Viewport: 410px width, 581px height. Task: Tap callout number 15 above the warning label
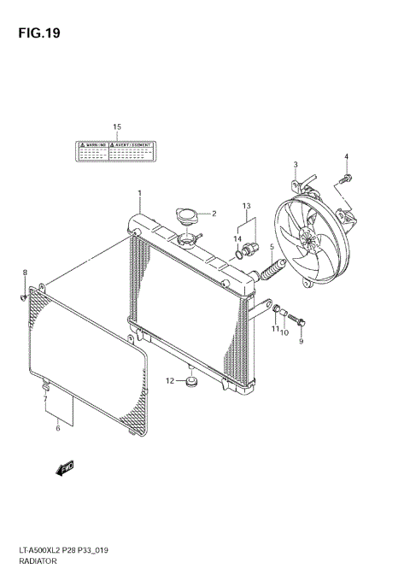tap(117, 127)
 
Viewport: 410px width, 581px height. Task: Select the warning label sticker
tap(117, 152)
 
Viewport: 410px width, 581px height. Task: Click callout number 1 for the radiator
tap(139, 194)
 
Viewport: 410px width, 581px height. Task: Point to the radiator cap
tap(187, 217)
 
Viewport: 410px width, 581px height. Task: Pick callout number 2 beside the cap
tap(214, 214)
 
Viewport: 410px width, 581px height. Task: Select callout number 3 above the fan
tap(295, 164)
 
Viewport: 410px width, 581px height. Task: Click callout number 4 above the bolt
tap(347, 156)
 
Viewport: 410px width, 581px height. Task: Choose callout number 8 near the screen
tap(25, 273)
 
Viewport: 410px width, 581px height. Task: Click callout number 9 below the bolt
tap(301, 342)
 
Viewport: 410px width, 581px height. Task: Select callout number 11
tap(275, 329)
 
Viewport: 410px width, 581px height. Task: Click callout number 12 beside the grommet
tap(170, 380)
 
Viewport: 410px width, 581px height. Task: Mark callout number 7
tap(44, 399)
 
